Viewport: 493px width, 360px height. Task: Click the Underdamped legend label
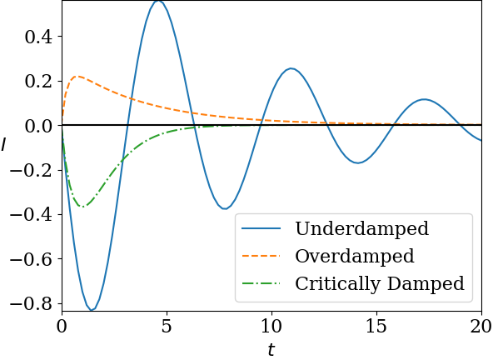362,228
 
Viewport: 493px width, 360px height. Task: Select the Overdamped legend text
355,256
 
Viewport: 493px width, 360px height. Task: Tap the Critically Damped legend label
380,283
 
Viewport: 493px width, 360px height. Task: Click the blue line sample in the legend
261,228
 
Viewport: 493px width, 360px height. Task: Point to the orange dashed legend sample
261,256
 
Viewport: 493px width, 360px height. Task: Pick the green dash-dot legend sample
261,283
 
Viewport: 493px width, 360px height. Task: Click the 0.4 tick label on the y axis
38,37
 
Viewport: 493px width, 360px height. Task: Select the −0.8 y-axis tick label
31,304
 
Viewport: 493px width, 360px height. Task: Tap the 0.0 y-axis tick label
38,126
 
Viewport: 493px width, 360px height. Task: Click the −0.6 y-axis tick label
31,260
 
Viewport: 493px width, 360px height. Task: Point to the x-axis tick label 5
167,326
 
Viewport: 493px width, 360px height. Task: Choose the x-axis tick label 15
376,326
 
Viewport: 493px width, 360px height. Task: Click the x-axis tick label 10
271,326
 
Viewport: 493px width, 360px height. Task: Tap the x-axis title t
271,350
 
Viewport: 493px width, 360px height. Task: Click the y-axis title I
4,144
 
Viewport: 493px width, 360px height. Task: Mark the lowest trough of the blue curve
91,310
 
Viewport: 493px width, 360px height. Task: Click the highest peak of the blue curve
158,2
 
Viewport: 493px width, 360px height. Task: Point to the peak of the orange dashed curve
77,76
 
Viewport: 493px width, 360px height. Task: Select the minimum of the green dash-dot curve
82,207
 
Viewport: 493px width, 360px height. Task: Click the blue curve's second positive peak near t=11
291,68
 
